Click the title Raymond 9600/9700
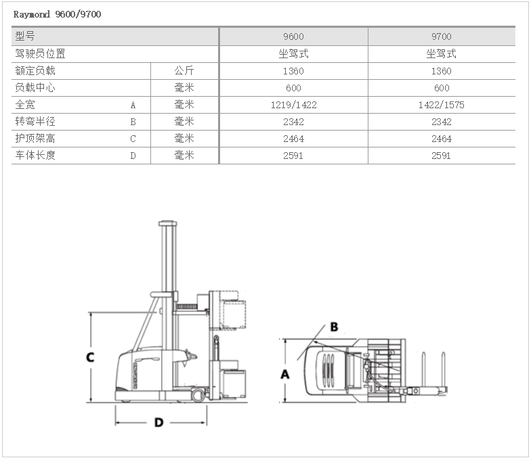coord(58,14)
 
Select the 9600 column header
coord(293,37)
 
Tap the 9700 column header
coord(442,37)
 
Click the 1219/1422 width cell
coord(293,105)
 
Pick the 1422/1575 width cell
coord(442,105)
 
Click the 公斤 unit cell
coord(184,70)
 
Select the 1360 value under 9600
coord(293,71)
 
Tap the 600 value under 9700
coord(442,88)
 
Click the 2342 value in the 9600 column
coord(293,122)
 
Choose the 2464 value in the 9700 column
coord(442,139)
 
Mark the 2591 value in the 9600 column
coord(293,156)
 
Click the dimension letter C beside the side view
coord(90,357)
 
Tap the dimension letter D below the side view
coord(158,422)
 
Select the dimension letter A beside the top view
coord(285,373)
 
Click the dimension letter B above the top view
coord(334,327)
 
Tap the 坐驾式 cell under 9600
coord(293,53)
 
